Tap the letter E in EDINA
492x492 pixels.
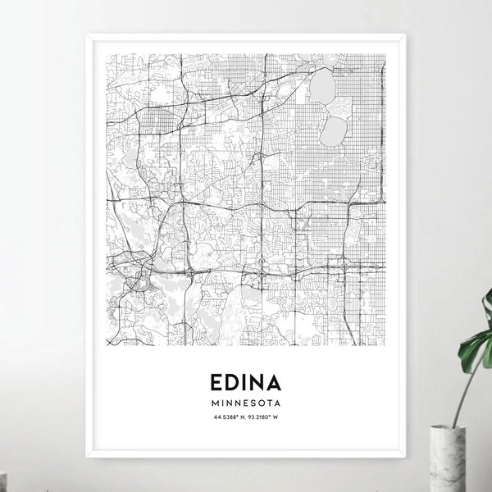pyautogui.click(x=217, y=383)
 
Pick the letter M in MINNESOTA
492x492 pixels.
pyautogui.click(x=214, y=404)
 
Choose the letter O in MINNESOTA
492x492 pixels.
pyautogui.click(x=261, y=404)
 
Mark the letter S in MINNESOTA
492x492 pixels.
pyautogui.click(x=252, y=404)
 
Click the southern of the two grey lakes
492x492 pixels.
pyautogui.click(x=334, y=128)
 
